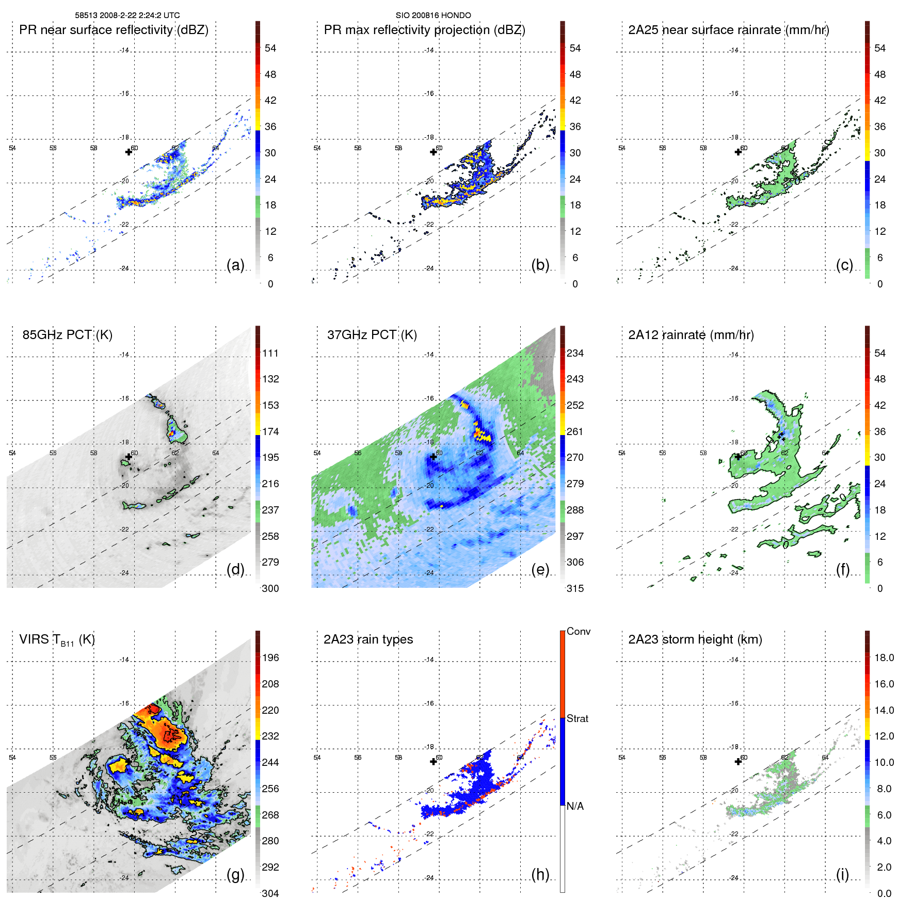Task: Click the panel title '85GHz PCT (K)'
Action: pyautogui.click(x=67, y=335)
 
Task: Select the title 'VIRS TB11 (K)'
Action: pyautogui.click(x=57, y=640)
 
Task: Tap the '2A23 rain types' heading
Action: pyautogui.click(x=368, y=639)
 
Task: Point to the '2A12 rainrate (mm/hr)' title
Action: pyautogui.click(x=691, y=335)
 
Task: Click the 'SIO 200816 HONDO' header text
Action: pyautogui.click(x=433, y=15)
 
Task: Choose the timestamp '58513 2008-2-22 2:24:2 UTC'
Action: pyautogui.click(x=127, y=15)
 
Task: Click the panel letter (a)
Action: pyautogui.click(x=235, y=265)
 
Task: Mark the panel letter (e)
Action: pyautogui.click(x=540, y=570)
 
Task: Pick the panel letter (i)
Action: pyautogui.click(x=842, y=874)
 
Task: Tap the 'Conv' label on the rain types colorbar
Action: pyautogui.click(x=578, y=632)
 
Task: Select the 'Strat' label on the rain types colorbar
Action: pyautogui.click(x=577, y=719)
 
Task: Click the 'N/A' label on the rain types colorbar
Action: pyautogui.click(x=575, y=806)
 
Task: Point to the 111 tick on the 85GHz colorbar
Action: pyautogui.click(x=270, y=354)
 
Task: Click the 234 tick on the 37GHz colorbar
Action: pyautogui.click(x=575, y=354)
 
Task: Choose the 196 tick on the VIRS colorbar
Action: pyautogui.click(x=270, y=658)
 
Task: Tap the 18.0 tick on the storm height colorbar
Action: pyautogui.click(x=884, y=658)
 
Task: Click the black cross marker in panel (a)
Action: pyautogui.click(x=129, y=152)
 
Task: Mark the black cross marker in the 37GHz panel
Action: pyautogui.click(x=434, y=457)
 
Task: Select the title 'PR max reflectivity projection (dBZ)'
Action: pyautogui.click(x=424, y=30)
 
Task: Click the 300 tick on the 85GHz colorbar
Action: pyautogui.click(x=270, y=588)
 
